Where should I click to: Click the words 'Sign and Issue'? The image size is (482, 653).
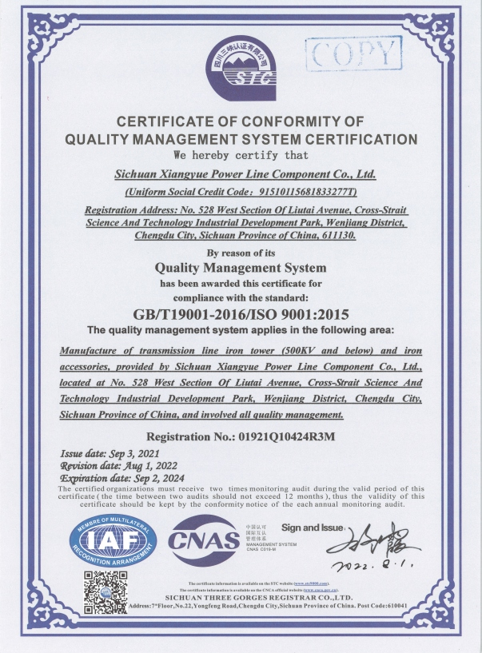(x=312, y=528)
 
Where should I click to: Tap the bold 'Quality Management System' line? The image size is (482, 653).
(x=241, y=268)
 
